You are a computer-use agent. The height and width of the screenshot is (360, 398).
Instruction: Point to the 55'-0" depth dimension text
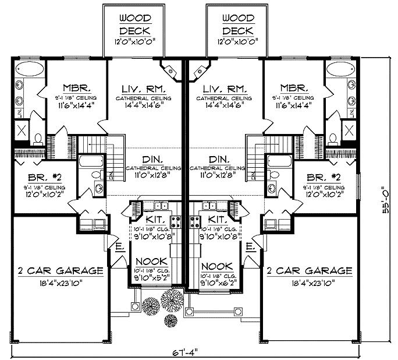[385, 200]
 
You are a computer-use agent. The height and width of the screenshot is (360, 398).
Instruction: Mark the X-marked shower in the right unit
[351, 129]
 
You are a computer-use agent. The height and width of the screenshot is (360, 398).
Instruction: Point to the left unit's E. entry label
[119, 247]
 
